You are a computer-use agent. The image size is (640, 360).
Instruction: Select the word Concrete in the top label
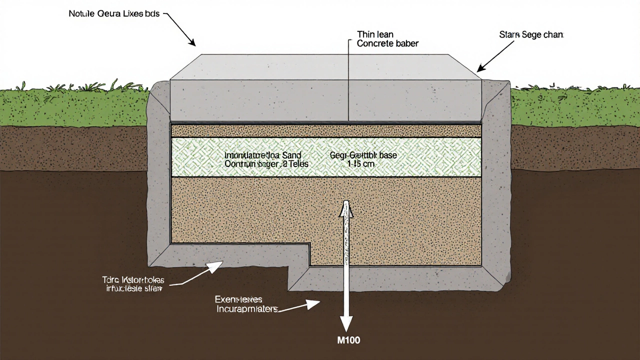[376, 43]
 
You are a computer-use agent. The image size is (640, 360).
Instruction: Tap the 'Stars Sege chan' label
[531, 35]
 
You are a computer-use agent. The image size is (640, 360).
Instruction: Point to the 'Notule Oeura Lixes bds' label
[114, 14]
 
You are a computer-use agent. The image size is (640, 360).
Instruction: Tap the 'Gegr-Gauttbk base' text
[363, 155]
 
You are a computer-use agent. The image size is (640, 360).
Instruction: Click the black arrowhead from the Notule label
[191, 42]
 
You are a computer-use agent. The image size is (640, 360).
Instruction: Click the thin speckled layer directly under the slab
[325, 130]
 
